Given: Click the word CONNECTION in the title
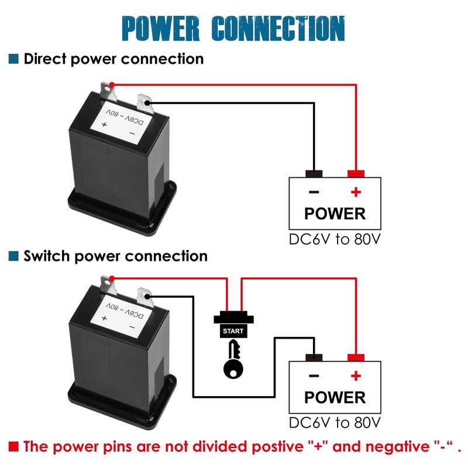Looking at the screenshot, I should (x=278, y=29).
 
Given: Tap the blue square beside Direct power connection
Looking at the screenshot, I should (x=13, y=59).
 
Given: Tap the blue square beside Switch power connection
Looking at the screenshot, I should (x=13, y=256).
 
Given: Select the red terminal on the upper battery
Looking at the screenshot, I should (x=356, y=174).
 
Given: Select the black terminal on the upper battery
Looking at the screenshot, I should (x=314, y=174).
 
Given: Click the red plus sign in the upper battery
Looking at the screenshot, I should (x=356, y=192).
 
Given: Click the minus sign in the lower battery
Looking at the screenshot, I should (x=314, y=376).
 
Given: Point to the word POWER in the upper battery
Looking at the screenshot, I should (x=335, y=214).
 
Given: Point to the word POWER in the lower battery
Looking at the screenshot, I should (x=335, y=398).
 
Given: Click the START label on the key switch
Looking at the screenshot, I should (x=233, y=332).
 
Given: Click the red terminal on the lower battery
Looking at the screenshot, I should (x=356, y=358).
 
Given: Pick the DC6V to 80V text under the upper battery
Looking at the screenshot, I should (x=335, y=240).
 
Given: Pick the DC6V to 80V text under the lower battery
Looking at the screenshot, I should (x=335, y=423).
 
